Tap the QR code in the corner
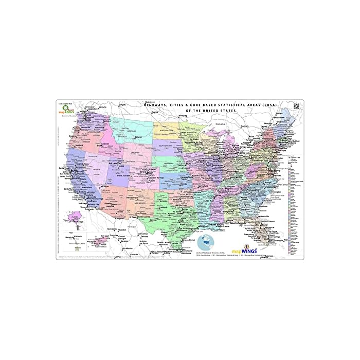coord(297,106)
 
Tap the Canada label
coord(221,124)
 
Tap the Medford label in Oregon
coord(79,145)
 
